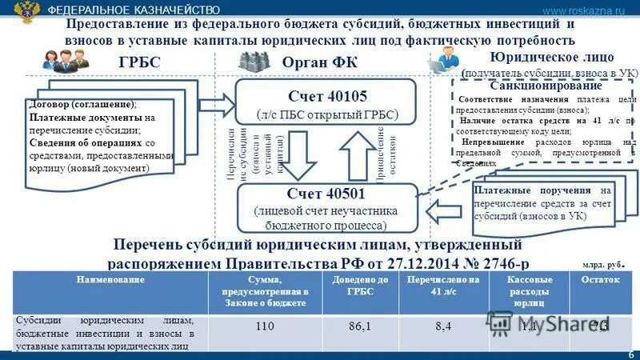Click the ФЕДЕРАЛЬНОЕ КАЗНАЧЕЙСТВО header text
133,10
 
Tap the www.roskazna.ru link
596,10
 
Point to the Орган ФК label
319,62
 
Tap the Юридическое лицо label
551,57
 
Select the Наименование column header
110,281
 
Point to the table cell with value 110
265,327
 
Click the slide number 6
631,354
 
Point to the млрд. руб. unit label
599,262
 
